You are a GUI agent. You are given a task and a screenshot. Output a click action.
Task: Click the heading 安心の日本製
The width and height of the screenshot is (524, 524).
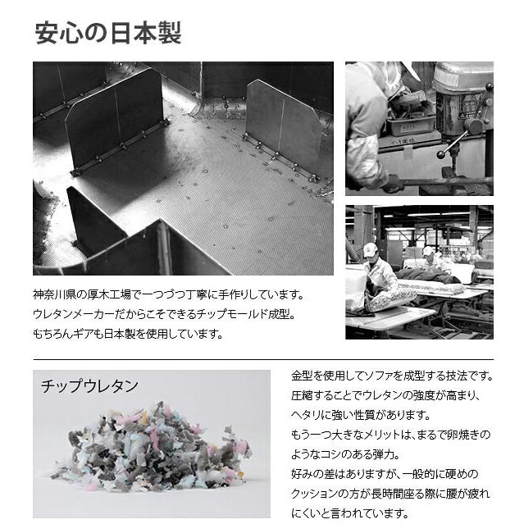coord(107,34)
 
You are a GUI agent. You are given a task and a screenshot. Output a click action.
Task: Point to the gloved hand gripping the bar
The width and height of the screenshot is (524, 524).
coord(394,185)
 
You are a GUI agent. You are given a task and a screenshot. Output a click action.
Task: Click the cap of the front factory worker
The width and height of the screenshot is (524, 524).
coord(370,249)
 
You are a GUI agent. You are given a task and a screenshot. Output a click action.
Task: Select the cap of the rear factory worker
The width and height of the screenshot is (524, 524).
coord(428,250)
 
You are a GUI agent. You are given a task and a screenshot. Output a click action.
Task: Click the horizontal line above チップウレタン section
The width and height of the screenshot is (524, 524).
coord(262,359)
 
